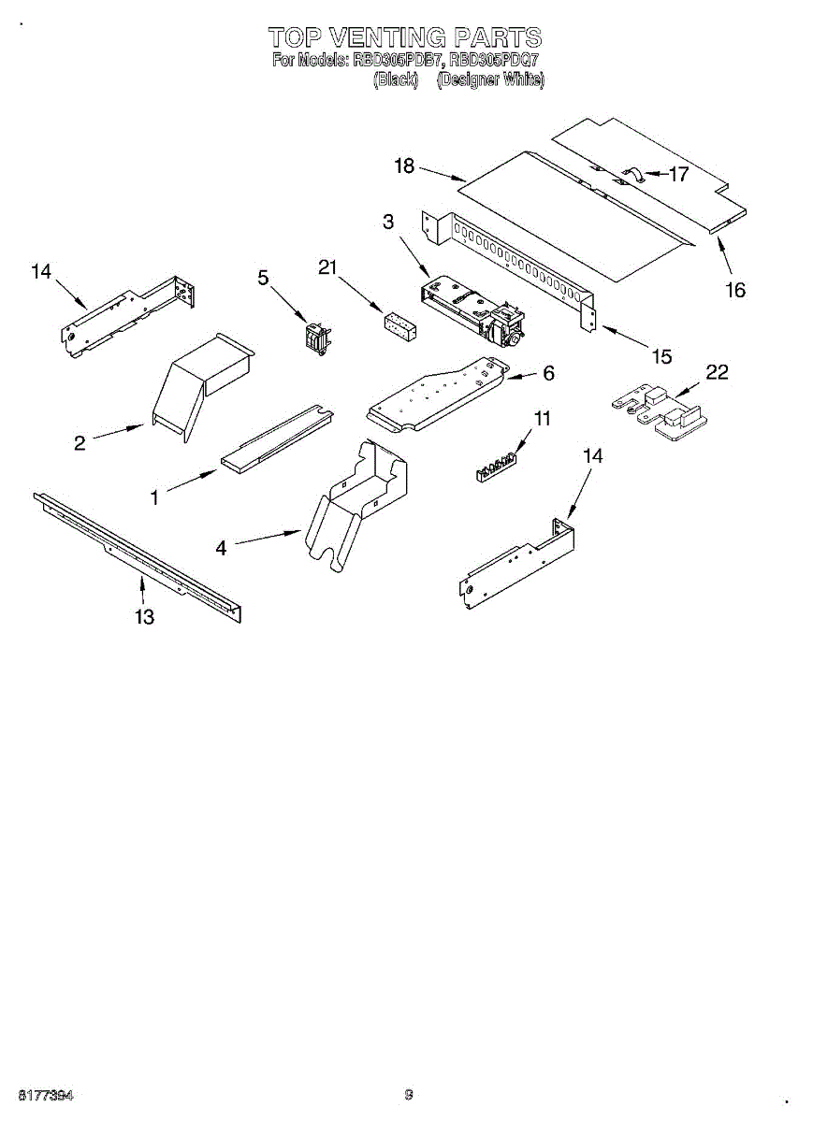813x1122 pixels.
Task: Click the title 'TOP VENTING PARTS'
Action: coord(405,37)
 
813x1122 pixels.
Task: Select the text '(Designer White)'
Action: coord(490,79)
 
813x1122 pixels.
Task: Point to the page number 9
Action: coord(409,1095)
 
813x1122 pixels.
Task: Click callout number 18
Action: coord(404,166)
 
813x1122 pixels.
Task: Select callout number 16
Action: coord(735,290)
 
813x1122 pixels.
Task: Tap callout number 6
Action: coord(548,373)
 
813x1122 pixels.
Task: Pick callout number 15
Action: coord(661,356)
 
